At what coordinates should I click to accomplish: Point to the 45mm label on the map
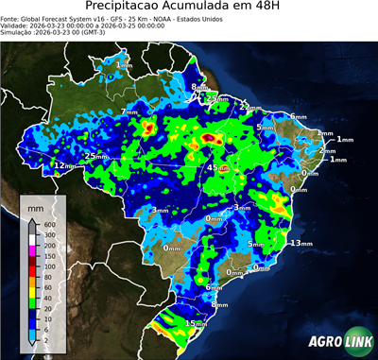tap(216, 168)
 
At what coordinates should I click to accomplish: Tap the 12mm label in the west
tap(62, 166)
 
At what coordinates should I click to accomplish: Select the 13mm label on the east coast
tap(300, 243)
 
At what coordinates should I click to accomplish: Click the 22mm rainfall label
tap(249, 108)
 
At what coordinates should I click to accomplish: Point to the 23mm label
tap(216, 98)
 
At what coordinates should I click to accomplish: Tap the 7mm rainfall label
tap(129, 112)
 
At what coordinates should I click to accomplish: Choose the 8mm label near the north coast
tap(197, 87)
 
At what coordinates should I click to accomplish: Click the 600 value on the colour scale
tap(49, 223)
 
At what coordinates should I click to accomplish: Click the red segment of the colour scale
tap(32, 264)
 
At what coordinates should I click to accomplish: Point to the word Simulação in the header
tap(19, 33)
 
